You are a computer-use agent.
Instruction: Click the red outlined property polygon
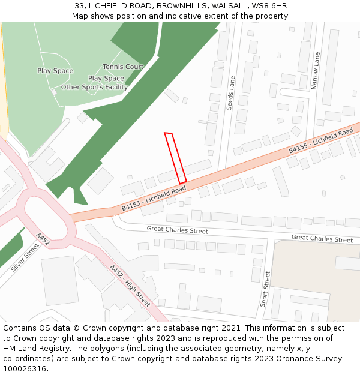pyautogui.click(x=175, y=158)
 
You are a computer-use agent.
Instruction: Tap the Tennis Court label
pyautogui.click(x=123, y=67)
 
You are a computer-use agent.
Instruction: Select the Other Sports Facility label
pyautogui.click(x=94, y=87)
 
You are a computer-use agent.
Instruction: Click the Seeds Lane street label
pyautogui.click(x=230, y=92)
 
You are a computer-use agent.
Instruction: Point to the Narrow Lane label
pyautogui.click(x=316, y=71)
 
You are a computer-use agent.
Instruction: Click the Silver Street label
pyautogui.click(x=25, y=257)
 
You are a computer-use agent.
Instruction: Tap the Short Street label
pyautogui.click(x=266, y=289)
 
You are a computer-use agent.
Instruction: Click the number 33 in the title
pyautogui.click(x=79, y=6)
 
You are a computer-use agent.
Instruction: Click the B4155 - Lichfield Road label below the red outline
pyautogui.click(x=154, y=199)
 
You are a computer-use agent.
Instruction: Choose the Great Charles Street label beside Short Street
pyautogui.click(x=322, y=239)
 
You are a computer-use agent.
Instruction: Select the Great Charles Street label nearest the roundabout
pyautogui.click(x=178, y=230)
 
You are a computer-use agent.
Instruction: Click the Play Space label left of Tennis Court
pyautogui.click(x=55, y=71)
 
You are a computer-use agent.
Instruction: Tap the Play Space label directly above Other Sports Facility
pyautogui.click(x=106, y=78)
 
